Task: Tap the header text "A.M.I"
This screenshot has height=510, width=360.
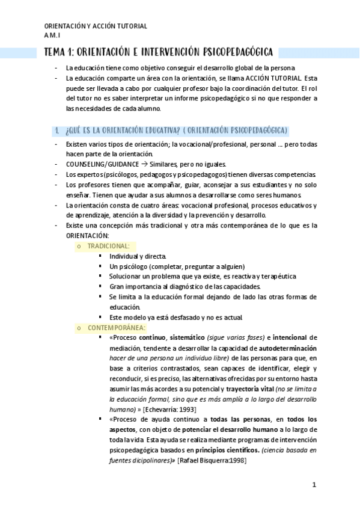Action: tap(52, 35)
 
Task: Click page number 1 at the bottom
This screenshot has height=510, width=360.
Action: tap(314, 485)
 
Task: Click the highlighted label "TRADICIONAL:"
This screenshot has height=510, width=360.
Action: tap(108, 246)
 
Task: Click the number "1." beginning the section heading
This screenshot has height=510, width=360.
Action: tap(56, 130)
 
